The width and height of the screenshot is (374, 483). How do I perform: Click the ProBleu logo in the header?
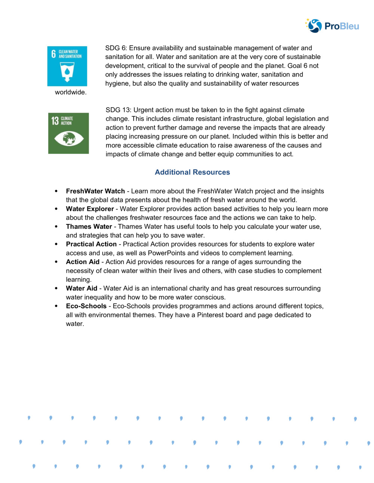(x=332, y=26)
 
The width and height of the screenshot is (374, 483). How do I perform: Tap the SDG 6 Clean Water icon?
(x=67, y=66)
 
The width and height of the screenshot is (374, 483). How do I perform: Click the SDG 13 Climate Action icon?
(x=68, y=133)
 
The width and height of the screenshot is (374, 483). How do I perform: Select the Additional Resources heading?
(x=192, y=172)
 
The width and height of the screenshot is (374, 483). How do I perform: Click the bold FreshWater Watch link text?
(x=95, y=191)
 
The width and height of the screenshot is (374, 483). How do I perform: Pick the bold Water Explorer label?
(x=90, y=209)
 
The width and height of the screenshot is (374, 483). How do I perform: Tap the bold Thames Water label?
(x=89, y=227)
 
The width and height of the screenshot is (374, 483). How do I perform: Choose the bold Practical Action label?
(x=91, y=244)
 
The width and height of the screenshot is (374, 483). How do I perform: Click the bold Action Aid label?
(x=83, y=262)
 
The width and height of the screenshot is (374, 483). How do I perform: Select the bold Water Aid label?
(x=82, y=288)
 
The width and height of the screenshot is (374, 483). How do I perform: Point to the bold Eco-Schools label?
(x=86, y=306)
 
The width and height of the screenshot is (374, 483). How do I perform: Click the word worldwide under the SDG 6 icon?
(x=71, y=92)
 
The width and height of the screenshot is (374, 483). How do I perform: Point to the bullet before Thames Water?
(x=56, y=227)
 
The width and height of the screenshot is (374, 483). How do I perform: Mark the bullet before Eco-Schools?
(x=56, y=306)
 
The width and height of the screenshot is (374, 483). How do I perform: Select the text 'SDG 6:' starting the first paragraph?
(x=116, y=48)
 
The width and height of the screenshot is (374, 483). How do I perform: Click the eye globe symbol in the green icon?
(x=69, y=139)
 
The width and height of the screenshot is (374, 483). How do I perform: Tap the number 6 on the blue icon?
(x=53, y=54)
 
